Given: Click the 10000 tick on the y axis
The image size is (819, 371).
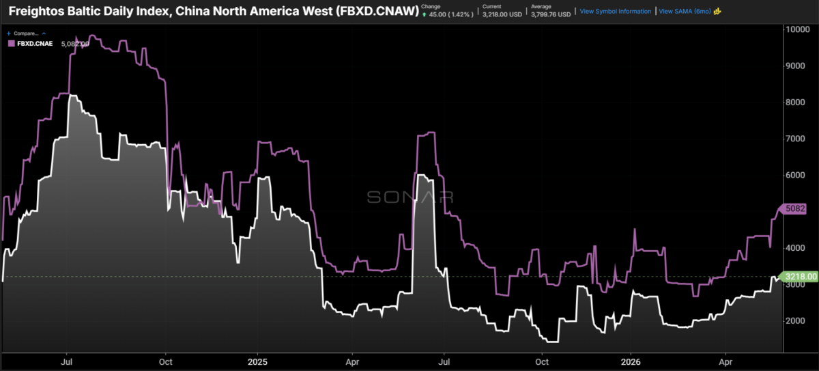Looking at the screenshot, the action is pyautogui.click(x=797, y=29).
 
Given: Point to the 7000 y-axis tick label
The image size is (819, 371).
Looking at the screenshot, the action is pyautogui.click(x=795, y=139).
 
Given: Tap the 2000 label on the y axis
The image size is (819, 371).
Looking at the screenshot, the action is pyautogui.click(x=795, y=321).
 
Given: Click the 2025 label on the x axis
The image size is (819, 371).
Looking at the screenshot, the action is pyautogui.click(x=257, y=362).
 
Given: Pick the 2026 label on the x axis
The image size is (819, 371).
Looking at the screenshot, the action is pyautogui.click(x=631, y=362).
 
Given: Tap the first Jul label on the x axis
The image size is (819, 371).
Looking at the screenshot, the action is pyautogui.click(x=66, y=362).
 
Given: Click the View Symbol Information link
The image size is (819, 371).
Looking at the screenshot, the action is pyautogui.click(x=616, y=12).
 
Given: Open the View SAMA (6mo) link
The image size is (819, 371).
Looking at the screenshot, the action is pyautogui.click(x=685, y=12).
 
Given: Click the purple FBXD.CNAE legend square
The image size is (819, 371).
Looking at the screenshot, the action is pyautogui.click(x=12, y=44).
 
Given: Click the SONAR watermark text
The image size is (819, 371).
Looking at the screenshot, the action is pyautogui.click(x=410, y=197).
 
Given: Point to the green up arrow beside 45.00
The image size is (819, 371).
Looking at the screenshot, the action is pyautogui.click(x=424, y=14).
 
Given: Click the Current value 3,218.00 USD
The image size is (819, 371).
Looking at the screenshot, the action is pyautogui.click(x=502, y=14).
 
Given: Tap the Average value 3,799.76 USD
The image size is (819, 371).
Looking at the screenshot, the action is pyautogui.click(x=551, y=14).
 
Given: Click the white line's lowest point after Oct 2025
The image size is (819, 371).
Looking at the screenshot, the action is pyautogui.click(x=552, y=342).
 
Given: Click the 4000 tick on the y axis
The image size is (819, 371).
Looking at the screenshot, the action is pyautogui.click(x=795, y=248).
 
